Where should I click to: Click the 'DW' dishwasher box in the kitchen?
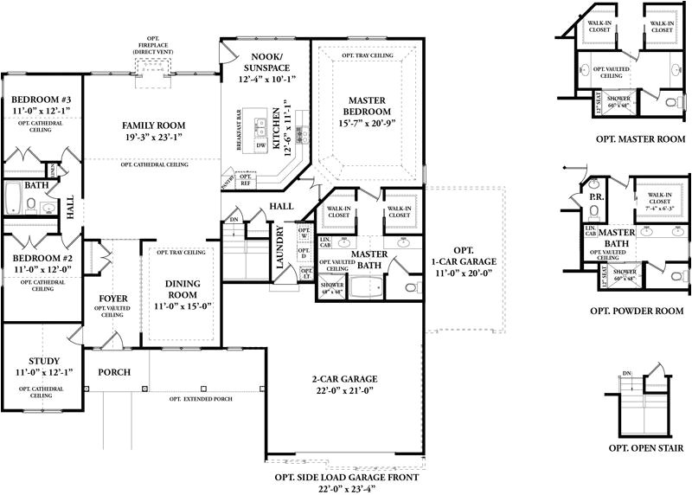tap(260, 145)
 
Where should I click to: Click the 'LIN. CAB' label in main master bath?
tap(326, 243)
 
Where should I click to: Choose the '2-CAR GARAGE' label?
tap(343, 380)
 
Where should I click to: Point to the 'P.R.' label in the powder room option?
tap(597, 197)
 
